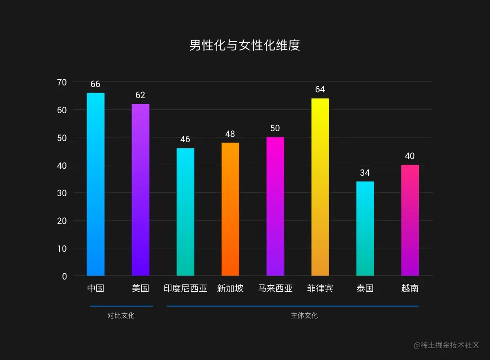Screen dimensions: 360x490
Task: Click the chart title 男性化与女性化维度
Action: pos(245,45)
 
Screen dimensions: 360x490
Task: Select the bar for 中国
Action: pos(96,184)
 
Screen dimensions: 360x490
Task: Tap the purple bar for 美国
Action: pos(140,190)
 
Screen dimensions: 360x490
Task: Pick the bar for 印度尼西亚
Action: pos(185,212)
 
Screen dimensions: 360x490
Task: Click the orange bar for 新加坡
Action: pos(230,209)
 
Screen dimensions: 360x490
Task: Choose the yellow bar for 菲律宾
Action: pos(320,187)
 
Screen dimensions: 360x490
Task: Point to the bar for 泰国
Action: pos(365,228)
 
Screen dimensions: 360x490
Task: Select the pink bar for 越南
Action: pos(410,220)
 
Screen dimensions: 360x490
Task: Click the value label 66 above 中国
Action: pos(95,84)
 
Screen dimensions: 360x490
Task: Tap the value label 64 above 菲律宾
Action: pos(320,89)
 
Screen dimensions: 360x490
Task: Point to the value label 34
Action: pos(365,173)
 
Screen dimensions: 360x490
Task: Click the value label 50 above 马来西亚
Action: pos(275,128)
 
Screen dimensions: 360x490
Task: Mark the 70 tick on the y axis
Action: pos(62,82)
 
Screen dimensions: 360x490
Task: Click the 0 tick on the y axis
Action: pos(64,276)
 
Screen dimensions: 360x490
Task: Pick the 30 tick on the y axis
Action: pos(62,193)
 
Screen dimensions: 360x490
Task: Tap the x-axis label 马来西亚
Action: pos(275,288)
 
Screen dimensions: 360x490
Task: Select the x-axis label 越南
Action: pos(410,288)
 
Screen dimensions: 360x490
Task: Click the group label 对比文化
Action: pos(121,316)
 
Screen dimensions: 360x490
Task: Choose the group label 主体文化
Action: pos(304,316)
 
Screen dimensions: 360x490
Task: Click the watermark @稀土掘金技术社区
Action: pos(446,345)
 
